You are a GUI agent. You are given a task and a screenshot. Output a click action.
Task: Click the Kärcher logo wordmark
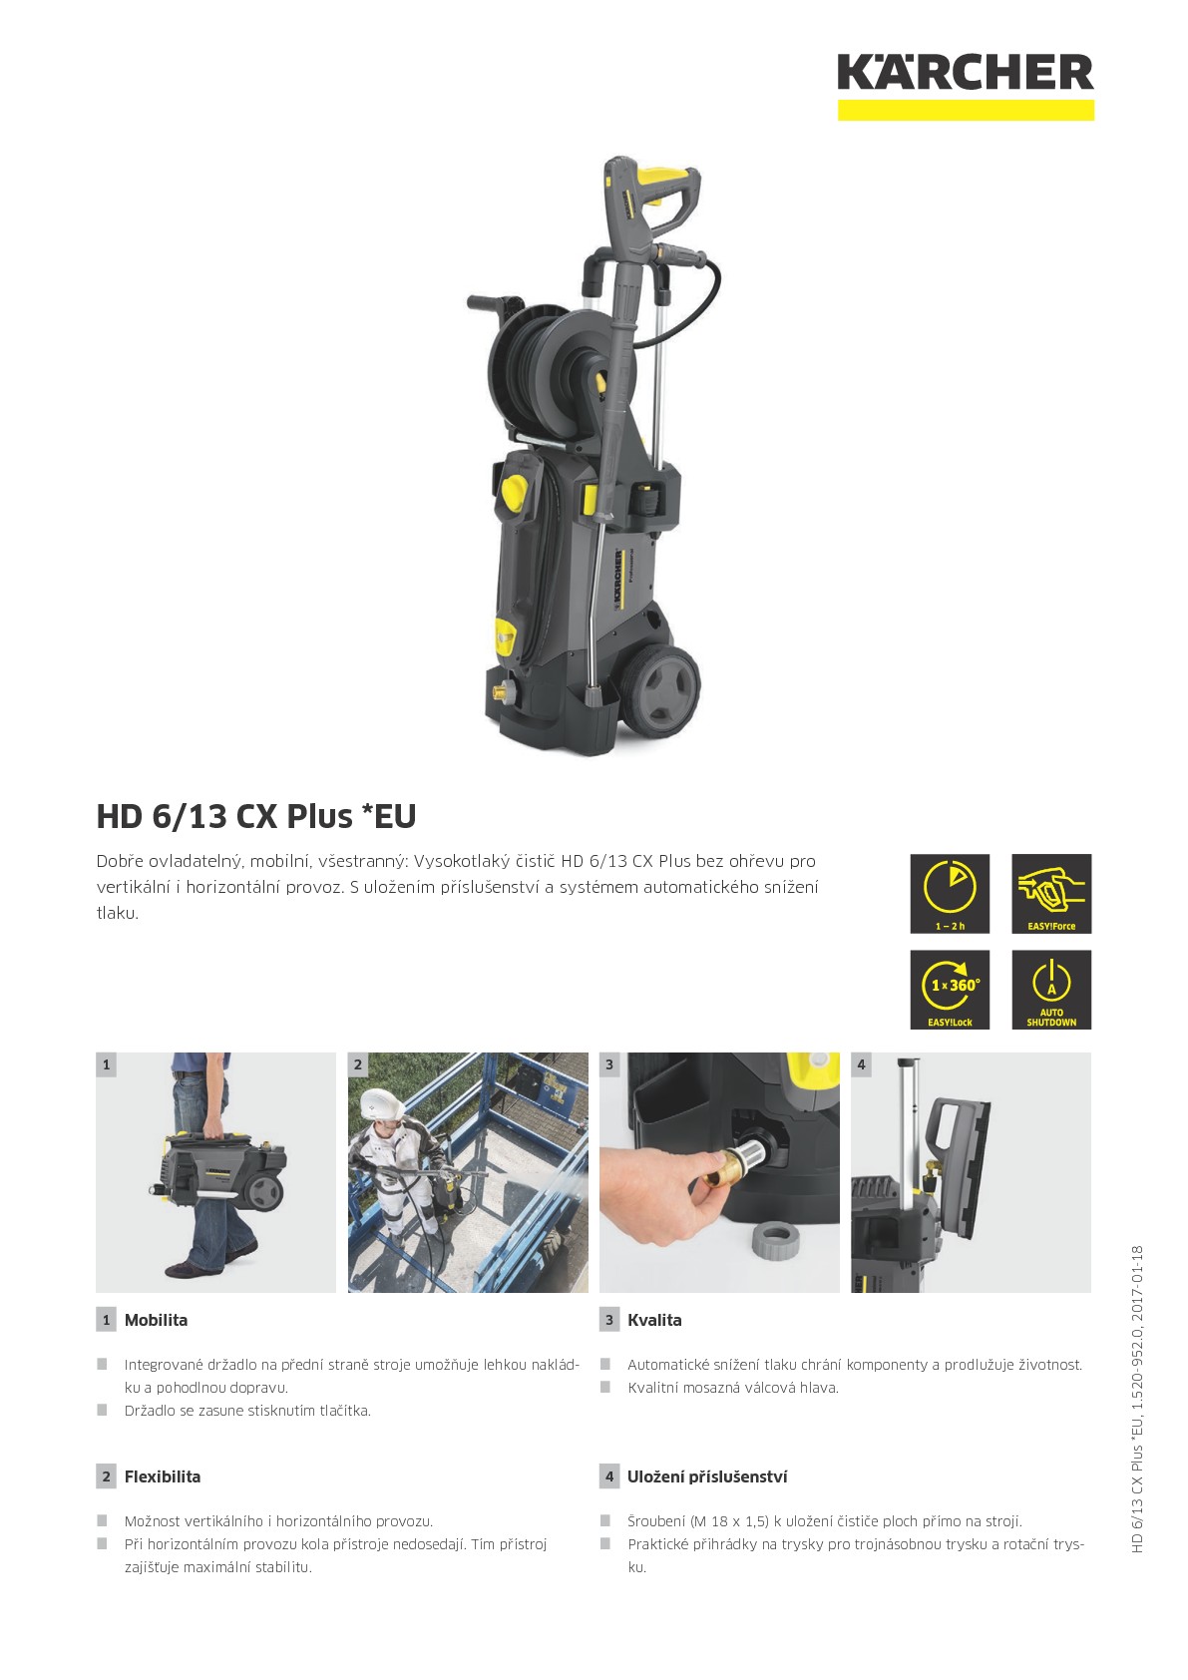966,72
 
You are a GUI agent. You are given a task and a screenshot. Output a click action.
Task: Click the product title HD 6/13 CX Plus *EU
256,816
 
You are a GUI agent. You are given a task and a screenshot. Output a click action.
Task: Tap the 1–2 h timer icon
950,893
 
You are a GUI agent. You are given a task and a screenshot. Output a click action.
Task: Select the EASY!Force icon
1051,893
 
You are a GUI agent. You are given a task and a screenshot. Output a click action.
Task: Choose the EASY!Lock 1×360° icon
950,990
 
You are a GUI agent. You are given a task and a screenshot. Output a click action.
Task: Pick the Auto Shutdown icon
1051,990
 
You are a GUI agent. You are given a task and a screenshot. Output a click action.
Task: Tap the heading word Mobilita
156,1320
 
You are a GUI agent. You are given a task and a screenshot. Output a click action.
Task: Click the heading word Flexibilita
163,1476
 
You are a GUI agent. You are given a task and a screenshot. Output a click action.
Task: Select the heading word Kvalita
654,1320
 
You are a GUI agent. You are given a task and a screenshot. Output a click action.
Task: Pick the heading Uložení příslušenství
707,1476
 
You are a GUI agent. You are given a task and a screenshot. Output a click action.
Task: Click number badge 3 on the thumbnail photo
609,1064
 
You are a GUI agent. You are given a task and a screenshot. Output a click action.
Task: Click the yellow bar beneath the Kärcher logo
966,110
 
